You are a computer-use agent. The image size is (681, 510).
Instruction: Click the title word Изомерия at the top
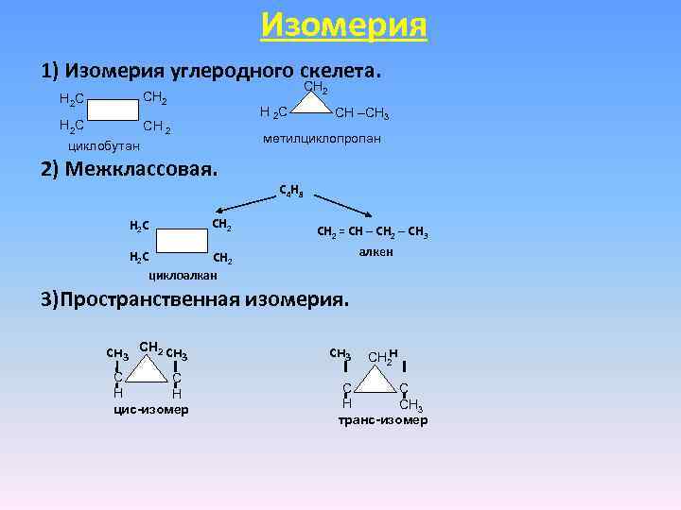click(343, 24)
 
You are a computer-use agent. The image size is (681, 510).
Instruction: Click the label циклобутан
click(104, 146)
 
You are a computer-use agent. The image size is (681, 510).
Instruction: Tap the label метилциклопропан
click(324, 139)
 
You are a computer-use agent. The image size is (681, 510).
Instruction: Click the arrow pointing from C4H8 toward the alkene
click(344, 207)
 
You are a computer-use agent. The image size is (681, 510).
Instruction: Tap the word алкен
click(375, 253)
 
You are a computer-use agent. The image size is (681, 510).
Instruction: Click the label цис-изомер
click(150, 409)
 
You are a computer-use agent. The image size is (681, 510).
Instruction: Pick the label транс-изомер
click(383, 419)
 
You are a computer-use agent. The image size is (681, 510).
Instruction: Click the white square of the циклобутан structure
click(115, 110)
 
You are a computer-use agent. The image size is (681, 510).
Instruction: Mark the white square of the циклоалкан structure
click(183, 240)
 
